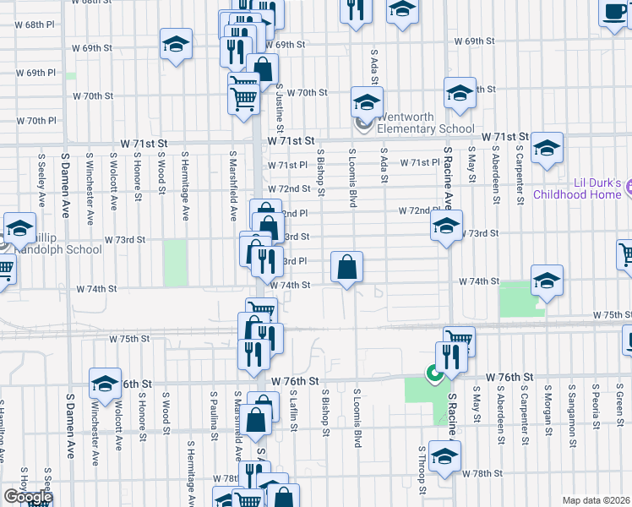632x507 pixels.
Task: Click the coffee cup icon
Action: point(614,13)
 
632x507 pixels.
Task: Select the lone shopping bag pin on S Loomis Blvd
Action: point(347,268)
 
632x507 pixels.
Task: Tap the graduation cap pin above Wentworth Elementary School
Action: point(367,103)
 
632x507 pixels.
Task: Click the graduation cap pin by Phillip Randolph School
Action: point(19,227)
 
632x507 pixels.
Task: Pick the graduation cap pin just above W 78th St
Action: point(444,456)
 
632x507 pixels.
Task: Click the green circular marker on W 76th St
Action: point(434,372)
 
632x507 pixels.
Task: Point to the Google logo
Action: point(27,497)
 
